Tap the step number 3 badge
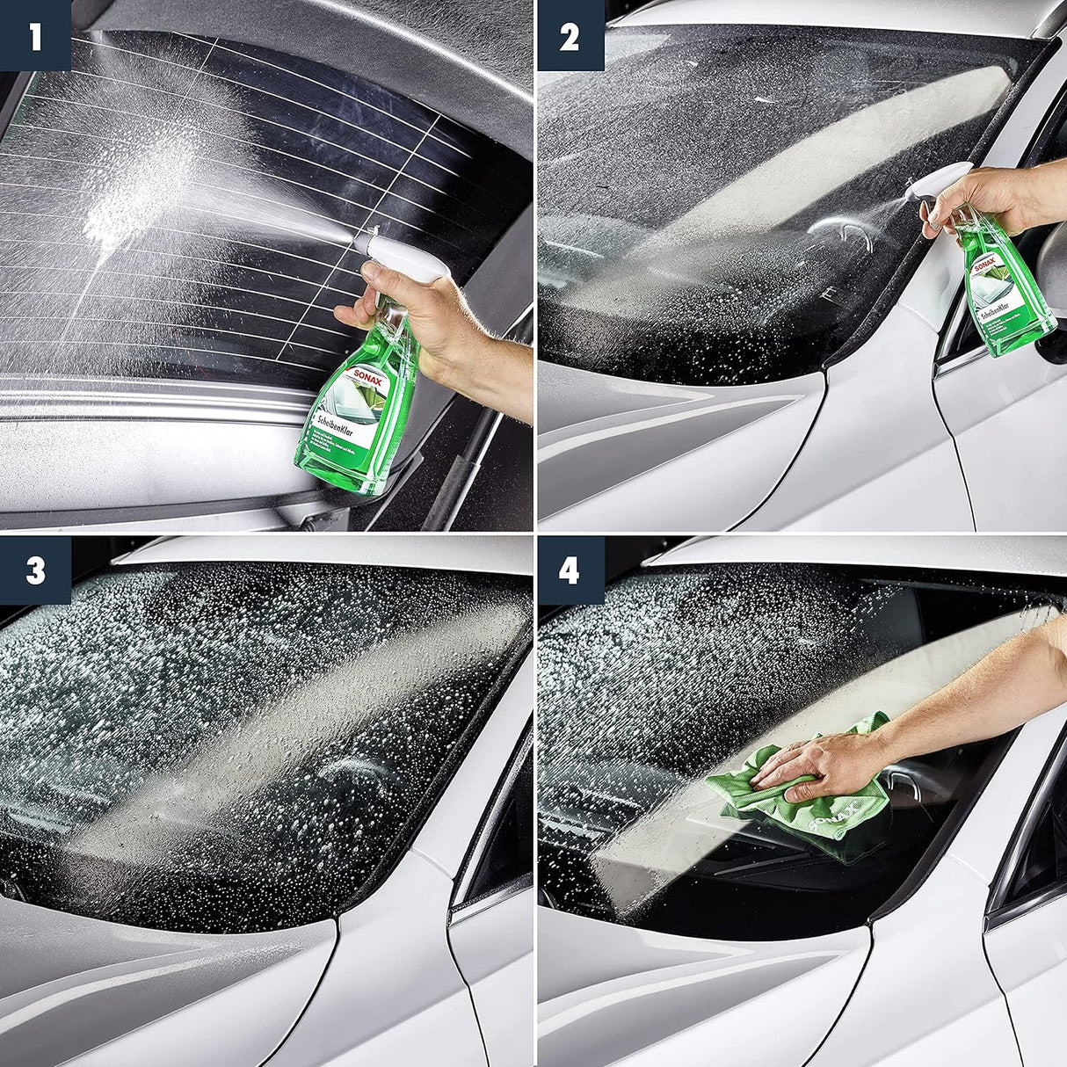34,570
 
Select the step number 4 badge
570,570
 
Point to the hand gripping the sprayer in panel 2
976,198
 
